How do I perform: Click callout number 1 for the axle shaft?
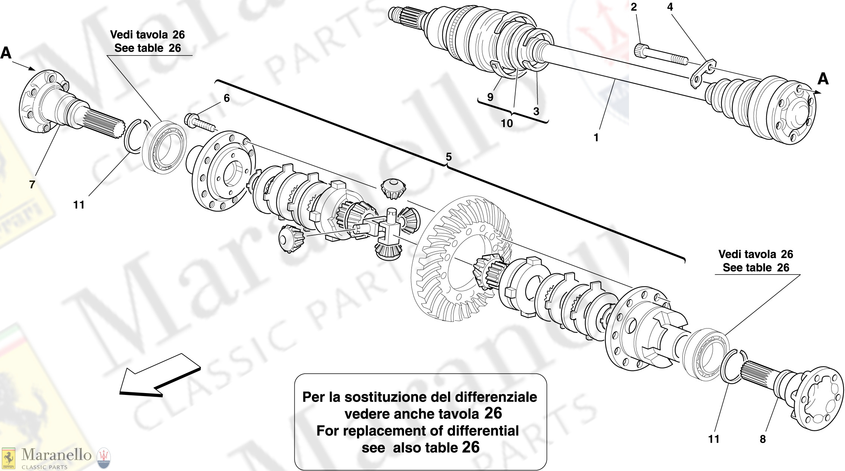[x=596, y=138]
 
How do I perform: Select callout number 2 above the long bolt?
[x=633, y=7]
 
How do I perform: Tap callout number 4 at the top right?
[x=670, y=7]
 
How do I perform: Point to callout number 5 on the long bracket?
[x=448, y=157]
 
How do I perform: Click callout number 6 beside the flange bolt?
[x=226, y=98]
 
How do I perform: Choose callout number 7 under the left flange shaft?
[x=32, y=184]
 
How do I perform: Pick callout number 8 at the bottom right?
[x=763, y=439]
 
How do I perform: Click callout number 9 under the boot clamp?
[x=490, y=97]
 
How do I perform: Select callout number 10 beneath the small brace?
[x=507, y=123]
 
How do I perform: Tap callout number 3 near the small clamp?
[x=536, y=111]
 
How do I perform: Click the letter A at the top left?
[x=6, y=53]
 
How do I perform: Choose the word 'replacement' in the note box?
[x=392, y=431]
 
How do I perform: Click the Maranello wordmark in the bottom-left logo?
[x=56, y=455]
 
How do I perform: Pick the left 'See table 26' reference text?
[x=148, y=48]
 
